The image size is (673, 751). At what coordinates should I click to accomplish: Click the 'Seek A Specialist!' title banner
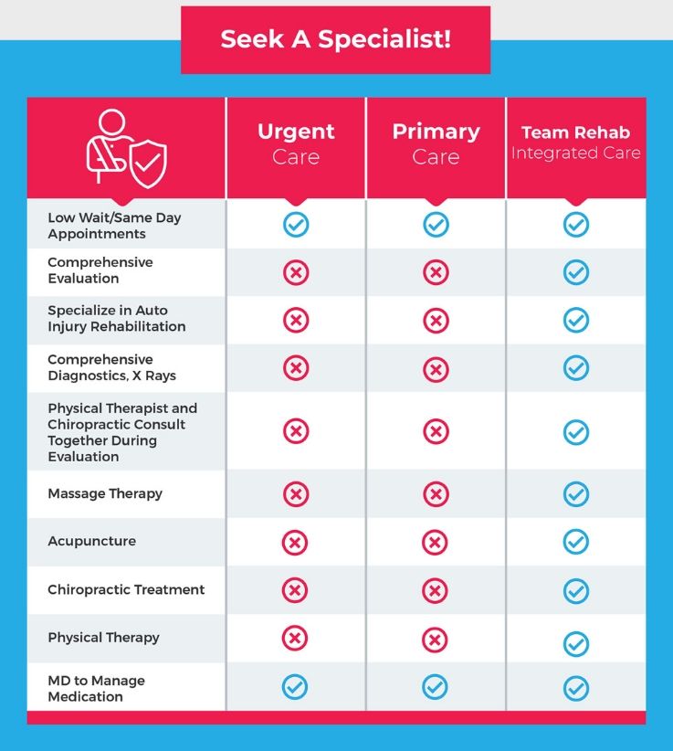335,40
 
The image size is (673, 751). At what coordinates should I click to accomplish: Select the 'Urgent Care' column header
296,143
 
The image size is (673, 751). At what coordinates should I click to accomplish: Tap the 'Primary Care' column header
436,143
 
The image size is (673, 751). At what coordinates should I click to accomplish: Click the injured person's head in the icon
111,122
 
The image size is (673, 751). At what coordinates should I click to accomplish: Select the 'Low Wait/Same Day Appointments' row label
114,226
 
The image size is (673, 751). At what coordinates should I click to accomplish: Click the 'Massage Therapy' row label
105,493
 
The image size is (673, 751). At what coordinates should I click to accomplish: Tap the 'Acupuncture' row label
91,541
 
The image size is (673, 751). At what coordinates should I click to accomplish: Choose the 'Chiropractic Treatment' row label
126,589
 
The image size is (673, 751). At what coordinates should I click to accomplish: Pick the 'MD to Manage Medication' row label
96,688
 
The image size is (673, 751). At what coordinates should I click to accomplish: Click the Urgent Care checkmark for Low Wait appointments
296,225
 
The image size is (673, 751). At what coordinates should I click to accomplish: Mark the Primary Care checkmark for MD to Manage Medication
436,687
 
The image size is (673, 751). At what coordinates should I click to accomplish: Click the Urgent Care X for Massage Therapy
296,494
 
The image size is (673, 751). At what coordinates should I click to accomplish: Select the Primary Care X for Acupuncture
436,543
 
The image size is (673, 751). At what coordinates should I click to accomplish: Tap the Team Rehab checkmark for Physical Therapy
575,643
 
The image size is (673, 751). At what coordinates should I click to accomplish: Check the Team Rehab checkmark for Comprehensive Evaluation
575,272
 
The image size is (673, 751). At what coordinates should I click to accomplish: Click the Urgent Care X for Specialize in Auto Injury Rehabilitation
296,320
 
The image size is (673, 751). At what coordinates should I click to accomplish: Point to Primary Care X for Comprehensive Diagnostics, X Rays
436,368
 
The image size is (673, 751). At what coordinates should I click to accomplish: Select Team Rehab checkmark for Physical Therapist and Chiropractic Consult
575,432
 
